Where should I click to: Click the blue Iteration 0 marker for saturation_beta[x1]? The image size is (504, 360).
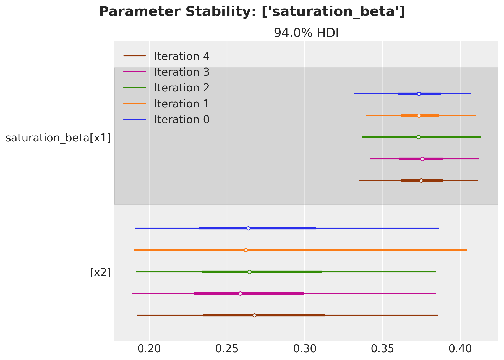419,94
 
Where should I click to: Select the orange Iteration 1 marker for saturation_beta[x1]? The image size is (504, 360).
419,115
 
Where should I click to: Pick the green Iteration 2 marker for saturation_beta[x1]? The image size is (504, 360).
419,137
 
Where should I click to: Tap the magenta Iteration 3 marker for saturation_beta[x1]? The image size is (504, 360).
422,159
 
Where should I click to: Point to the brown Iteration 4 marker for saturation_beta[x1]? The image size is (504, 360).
421,180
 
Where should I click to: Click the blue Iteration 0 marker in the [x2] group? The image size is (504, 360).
248,228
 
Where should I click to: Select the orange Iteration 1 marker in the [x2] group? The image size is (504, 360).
246,250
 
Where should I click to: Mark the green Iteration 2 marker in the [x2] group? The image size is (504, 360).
250,272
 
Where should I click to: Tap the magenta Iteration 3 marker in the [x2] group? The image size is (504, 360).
240,293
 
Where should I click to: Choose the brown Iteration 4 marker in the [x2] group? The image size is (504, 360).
254,315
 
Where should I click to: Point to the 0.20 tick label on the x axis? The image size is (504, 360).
149,349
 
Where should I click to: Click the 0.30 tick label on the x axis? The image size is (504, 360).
305,349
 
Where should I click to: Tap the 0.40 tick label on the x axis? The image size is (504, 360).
460,349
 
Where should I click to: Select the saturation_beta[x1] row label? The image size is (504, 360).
58,138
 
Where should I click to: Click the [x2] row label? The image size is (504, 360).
100,272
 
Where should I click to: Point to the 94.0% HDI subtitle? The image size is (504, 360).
306,33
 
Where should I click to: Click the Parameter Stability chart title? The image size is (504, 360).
252,12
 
